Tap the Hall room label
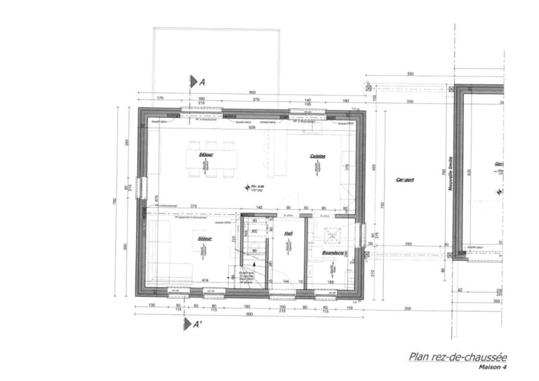[x=288, y=234]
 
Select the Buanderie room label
[x=332, y=252]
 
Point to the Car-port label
[x=404, y=180]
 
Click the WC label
[x=254, y=230]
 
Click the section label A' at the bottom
[x=198, y=324]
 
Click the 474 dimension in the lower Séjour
[x=205, y=281]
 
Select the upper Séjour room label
[x=206, y=153]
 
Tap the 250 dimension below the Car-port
[x=408, y=245]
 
